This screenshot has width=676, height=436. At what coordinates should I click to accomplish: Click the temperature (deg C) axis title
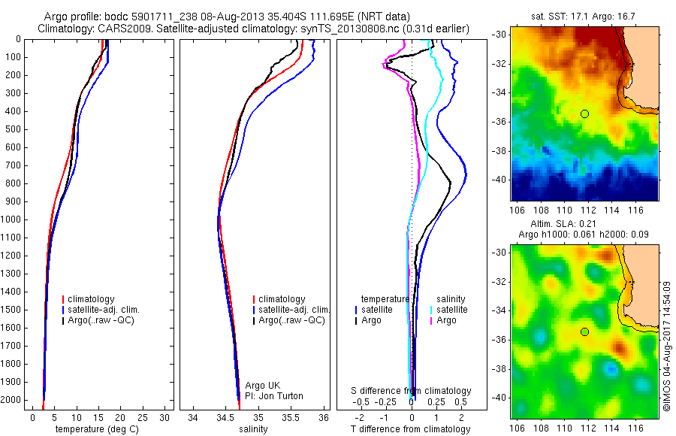point(98,429)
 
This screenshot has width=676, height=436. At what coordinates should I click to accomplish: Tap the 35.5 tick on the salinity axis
point(291,417)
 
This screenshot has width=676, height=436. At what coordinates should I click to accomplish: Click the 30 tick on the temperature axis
point(164,417)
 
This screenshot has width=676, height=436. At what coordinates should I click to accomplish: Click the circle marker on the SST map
point(584,114)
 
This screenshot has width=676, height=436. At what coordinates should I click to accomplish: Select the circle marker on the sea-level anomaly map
point(584,332)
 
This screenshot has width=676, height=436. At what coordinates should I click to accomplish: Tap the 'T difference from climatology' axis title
point(411,429)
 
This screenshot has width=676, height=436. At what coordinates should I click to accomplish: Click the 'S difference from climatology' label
point(411,391)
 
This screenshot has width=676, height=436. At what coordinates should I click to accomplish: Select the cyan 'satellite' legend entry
point(452,310)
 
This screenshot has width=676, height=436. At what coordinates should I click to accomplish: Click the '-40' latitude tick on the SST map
point(499,180)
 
